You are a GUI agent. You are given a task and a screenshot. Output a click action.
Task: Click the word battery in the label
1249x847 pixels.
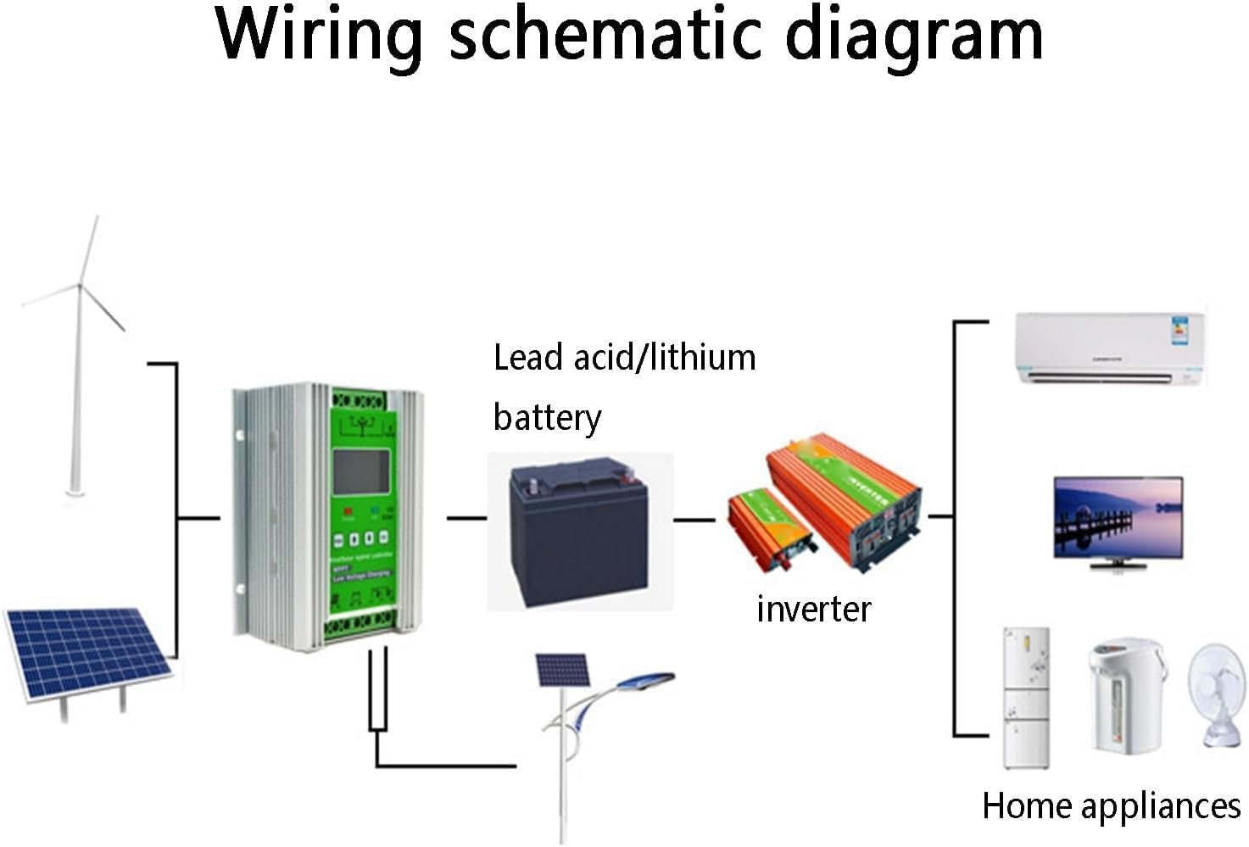click(547, 418)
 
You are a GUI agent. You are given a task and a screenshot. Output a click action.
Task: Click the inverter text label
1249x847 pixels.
click(813, 609)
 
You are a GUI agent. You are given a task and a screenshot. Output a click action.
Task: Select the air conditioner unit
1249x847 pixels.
click(1110, 348)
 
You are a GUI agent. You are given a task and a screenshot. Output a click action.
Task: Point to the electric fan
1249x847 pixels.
click(1218, 695)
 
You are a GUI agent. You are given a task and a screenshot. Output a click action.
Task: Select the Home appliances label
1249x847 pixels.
click(1111, 805)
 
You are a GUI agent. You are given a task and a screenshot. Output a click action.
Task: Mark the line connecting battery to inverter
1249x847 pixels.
click(694, 519)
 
